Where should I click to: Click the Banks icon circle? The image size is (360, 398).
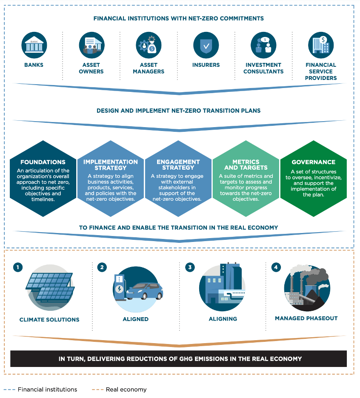(x=34, y=45)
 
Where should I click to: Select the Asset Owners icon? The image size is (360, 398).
(x=91, y=45)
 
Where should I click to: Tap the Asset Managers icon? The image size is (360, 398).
(x=149, y=45)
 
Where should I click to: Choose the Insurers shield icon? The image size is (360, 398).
(x=206, y=45)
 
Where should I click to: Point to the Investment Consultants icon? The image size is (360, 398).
(x=263, y=45)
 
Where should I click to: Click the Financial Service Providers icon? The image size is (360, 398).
(x=321, y=45)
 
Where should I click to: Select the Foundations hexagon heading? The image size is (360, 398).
(x=43, y=162)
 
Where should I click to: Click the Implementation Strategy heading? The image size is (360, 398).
(x=111, y=165)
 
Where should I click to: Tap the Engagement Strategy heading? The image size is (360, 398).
(x=178, y=165)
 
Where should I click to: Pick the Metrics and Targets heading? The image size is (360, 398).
(x=246, y=165)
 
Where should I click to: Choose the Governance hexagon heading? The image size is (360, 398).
(x=313, y=162)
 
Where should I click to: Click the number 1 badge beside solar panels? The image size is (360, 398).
(x=17, y=267)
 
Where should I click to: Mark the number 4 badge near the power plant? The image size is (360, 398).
(x=276, y=267)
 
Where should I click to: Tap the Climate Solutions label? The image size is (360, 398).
(x=49, y=320)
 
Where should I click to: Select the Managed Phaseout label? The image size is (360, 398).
(x=306, y=318)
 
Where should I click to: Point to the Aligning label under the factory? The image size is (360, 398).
(x=223, y=319)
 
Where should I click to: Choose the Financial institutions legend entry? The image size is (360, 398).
(x=47, y=389)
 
